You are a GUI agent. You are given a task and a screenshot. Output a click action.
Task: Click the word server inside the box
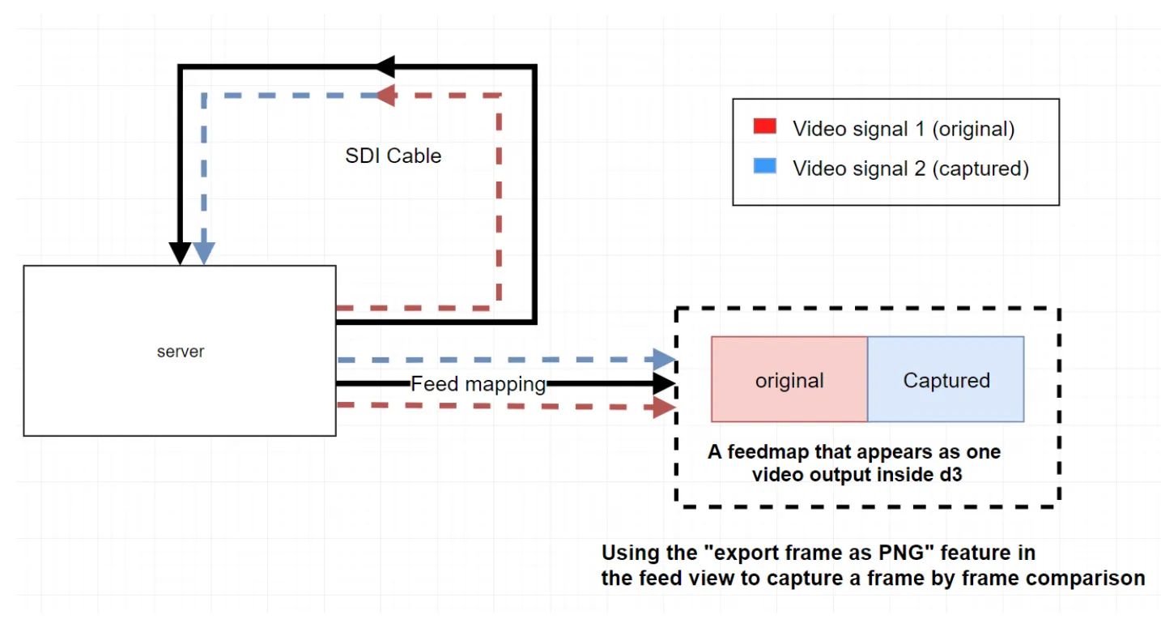pyautogui.click(x=181, y=352)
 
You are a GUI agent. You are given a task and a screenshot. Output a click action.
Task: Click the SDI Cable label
pyautogui.click(x=393, y=156)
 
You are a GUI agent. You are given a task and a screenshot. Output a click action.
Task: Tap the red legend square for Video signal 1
pyautogui.click(x=764, y=126)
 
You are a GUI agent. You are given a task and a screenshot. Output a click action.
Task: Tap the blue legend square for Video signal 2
pyautogui.click(x=764, y=167)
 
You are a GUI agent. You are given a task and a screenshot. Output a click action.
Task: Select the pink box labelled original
pyautogui.click(x=789, y=380)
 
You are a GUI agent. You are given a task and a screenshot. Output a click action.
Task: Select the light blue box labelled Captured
pyautogui.click(x=946, y=380)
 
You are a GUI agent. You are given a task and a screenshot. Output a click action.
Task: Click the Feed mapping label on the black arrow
pyautogui.click(x=478, y=383)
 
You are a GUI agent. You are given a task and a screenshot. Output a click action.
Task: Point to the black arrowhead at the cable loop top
pyautogui.click(x=384, y=66)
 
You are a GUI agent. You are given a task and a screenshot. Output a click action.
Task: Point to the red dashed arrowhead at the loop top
pyautogui.click(x=386, y=95)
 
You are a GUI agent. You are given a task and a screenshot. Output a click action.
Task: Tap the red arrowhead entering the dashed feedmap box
pyautogui.click(x=664, y=407)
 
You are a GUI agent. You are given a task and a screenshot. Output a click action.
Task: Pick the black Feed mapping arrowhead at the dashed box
pyautogui.click(x=664, y=383)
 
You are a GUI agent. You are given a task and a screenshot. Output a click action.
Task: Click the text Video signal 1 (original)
pyautogui.click(x=903, y=128)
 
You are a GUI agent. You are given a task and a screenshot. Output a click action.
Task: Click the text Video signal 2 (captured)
pyautogui.click(x=910, y=169)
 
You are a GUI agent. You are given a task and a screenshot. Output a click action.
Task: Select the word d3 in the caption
pyautogui.click(x=950, y=475)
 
